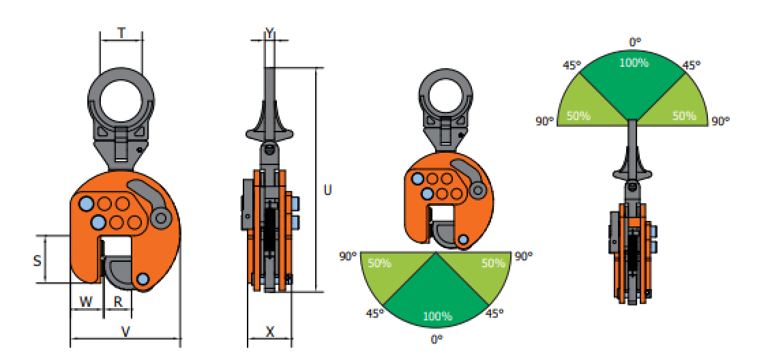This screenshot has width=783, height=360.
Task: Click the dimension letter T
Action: pyautogui.click(x=121, y=33)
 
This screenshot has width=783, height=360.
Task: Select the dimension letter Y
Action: pyautogui.click(x=269, y=33)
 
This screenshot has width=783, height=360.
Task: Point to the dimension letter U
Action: pyautogui.click(x=327, y=190)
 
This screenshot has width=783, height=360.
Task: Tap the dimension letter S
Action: pyautogui.click(x=37, y=260)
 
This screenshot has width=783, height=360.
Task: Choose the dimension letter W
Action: pyautogui.click(x=86, y=301)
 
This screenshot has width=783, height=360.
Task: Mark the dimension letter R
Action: pyautogui.click(x=119, y=301)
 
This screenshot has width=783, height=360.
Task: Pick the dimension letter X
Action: pyautogui.click(x=270, y=331)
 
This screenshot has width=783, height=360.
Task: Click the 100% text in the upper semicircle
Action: pyautogui.click(x=634, y=63)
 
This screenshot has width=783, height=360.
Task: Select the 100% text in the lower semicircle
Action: pyautogui.click(x=437, y=316)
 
